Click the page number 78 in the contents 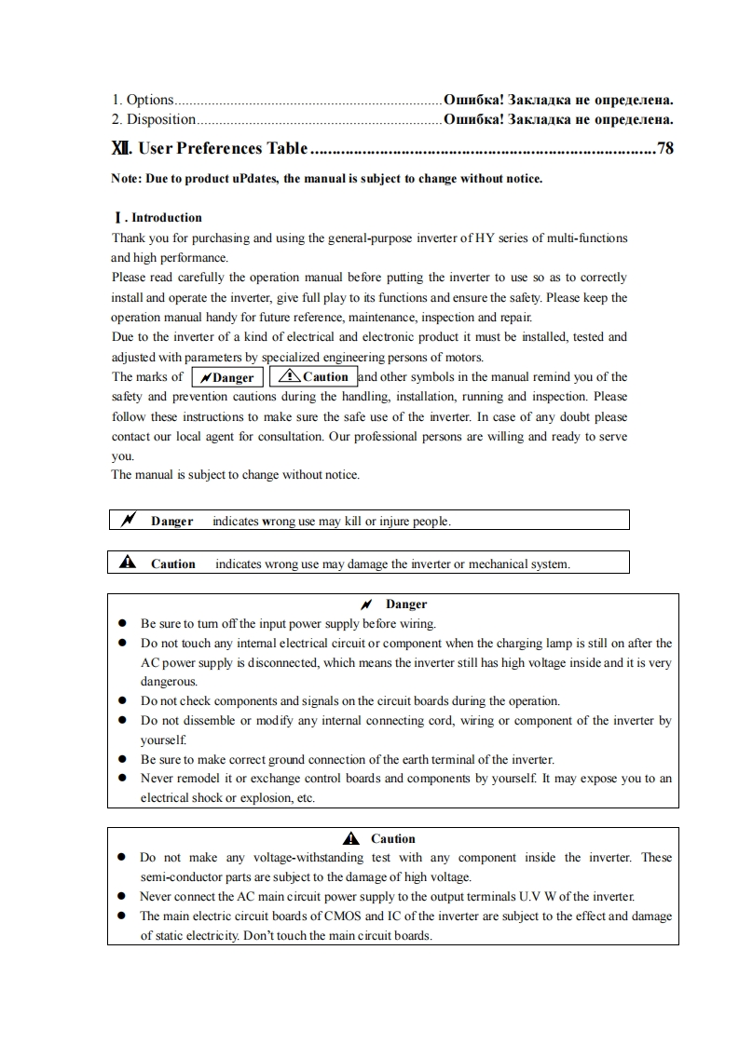[664, 148]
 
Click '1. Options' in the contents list [143, 99]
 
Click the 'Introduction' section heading [166, 218]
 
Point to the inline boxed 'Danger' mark [227, 377]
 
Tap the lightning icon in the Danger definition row [128, 521]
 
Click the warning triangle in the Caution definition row [128, 563]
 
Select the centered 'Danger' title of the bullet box [405, 604]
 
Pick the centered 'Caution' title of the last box [392, 839]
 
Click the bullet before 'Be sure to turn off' [122, 624]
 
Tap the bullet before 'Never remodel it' [122, 779]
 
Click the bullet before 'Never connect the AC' [122, 897]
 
